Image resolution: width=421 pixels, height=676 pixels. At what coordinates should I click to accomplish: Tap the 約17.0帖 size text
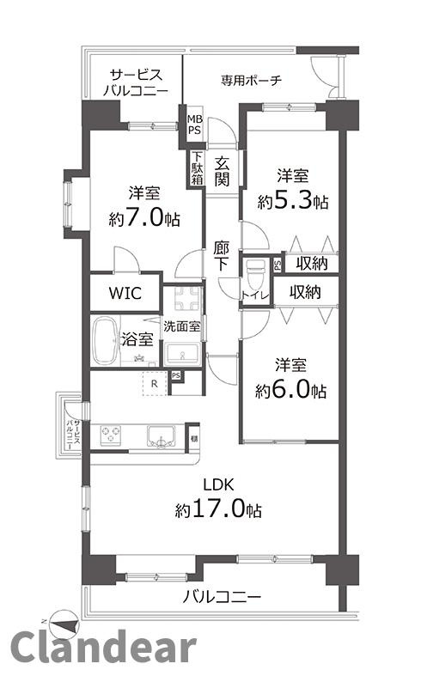[219, 510]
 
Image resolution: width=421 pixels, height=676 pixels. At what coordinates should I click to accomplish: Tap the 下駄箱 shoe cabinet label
[197, 167]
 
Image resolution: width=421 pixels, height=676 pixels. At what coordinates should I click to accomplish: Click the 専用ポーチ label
[251, 82]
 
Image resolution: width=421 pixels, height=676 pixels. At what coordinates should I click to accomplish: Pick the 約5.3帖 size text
[293, 202]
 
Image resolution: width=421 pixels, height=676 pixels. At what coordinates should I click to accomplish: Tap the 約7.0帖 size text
[144, 217]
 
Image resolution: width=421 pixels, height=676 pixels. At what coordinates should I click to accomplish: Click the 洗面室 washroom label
[182, 326]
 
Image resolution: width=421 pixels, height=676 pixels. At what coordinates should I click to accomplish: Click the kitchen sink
[161, 435]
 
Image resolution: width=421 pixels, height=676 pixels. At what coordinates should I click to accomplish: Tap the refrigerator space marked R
[152, 383]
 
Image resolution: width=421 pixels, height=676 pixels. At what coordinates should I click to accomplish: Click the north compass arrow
[57, 620]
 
